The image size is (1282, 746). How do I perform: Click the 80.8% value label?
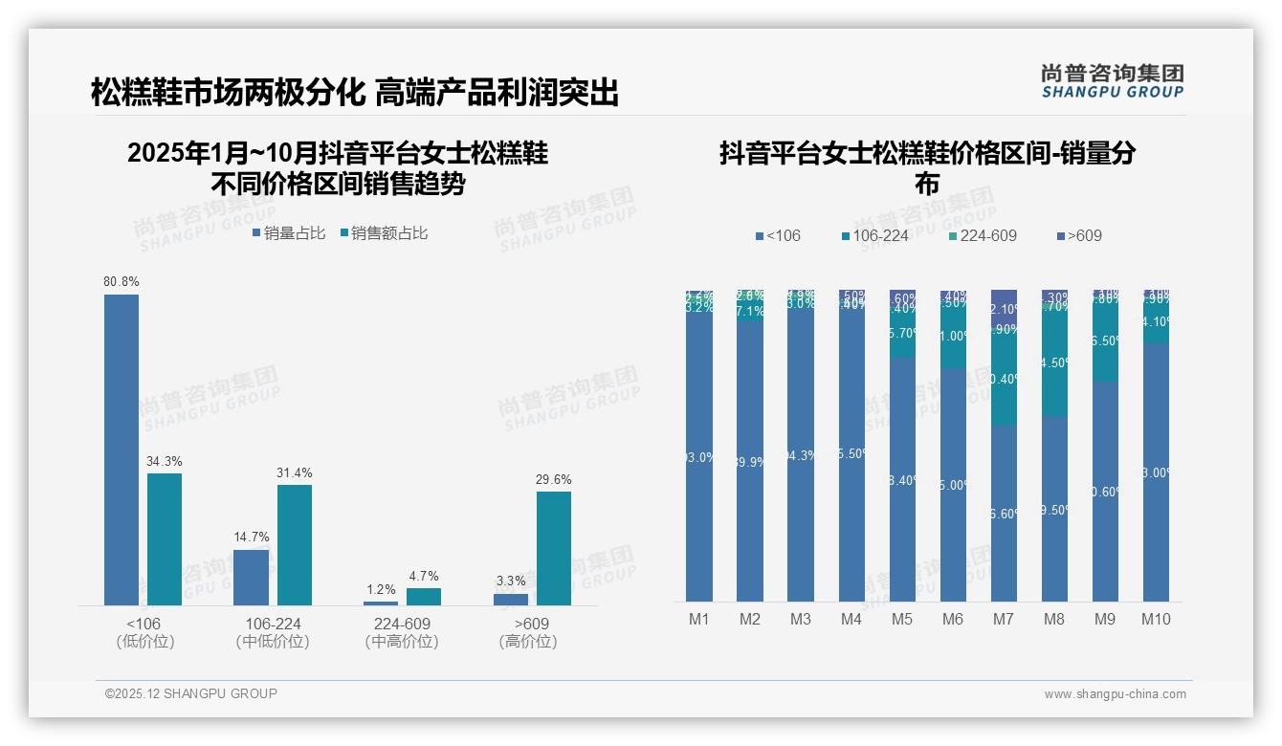pos(122,281)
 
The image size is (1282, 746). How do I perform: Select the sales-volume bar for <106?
pos(122,450)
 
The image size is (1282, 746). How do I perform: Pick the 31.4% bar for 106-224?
pos(295,544)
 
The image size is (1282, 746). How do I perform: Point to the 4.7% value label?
pos(424,576)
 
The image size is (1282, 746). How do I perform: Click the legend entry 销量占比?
pos(289,232)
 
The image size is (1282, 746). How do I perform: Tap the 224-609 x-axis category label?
pos(403,624)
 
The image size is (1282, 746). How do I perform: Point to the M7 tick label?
pos(1004,619)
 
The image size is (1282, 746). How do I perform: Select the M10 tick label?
pos(1156,619)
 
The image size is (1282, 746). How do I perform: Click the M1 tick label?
pos(699,619)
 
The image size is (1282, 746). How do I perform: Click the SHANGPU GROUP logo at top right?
pos(1113,80)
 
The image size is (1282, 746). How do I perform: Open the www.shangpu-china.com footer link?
pos(1115,693)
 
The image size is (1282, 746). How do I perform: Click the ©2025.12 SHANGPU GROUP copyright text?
pos(191,693)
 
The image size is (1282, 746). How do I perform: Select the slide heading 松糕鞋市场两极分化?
pos(228,93)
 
